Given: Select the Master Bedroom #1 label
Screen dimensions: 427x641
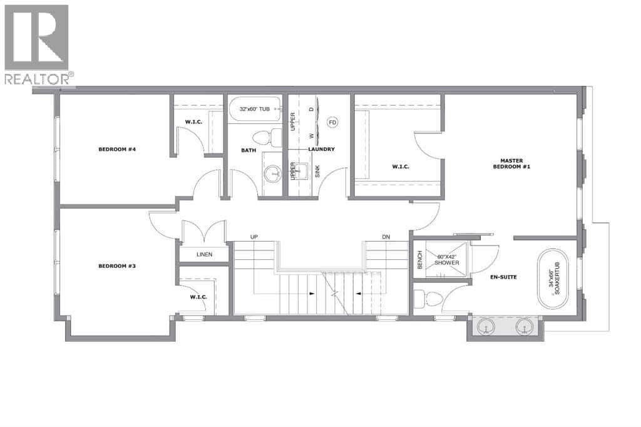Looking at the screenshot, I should [511, 163].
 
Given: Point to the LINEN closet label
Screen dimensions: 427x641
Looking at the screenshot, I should [204, 254].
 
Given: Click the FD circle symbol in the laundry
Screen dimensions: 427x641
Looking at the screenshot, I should [332, 122].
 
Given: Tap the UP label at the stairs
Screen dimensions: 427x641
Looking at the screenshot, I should [254, 237].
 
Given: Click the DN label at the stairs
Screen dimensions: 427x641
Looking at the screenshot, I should [387, 237].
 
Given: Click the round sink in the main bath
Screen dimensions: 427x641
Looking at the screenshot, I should [272, 174].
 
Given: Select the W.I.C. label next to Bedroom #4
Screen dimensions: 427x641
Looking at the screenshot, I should [193, 121].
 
